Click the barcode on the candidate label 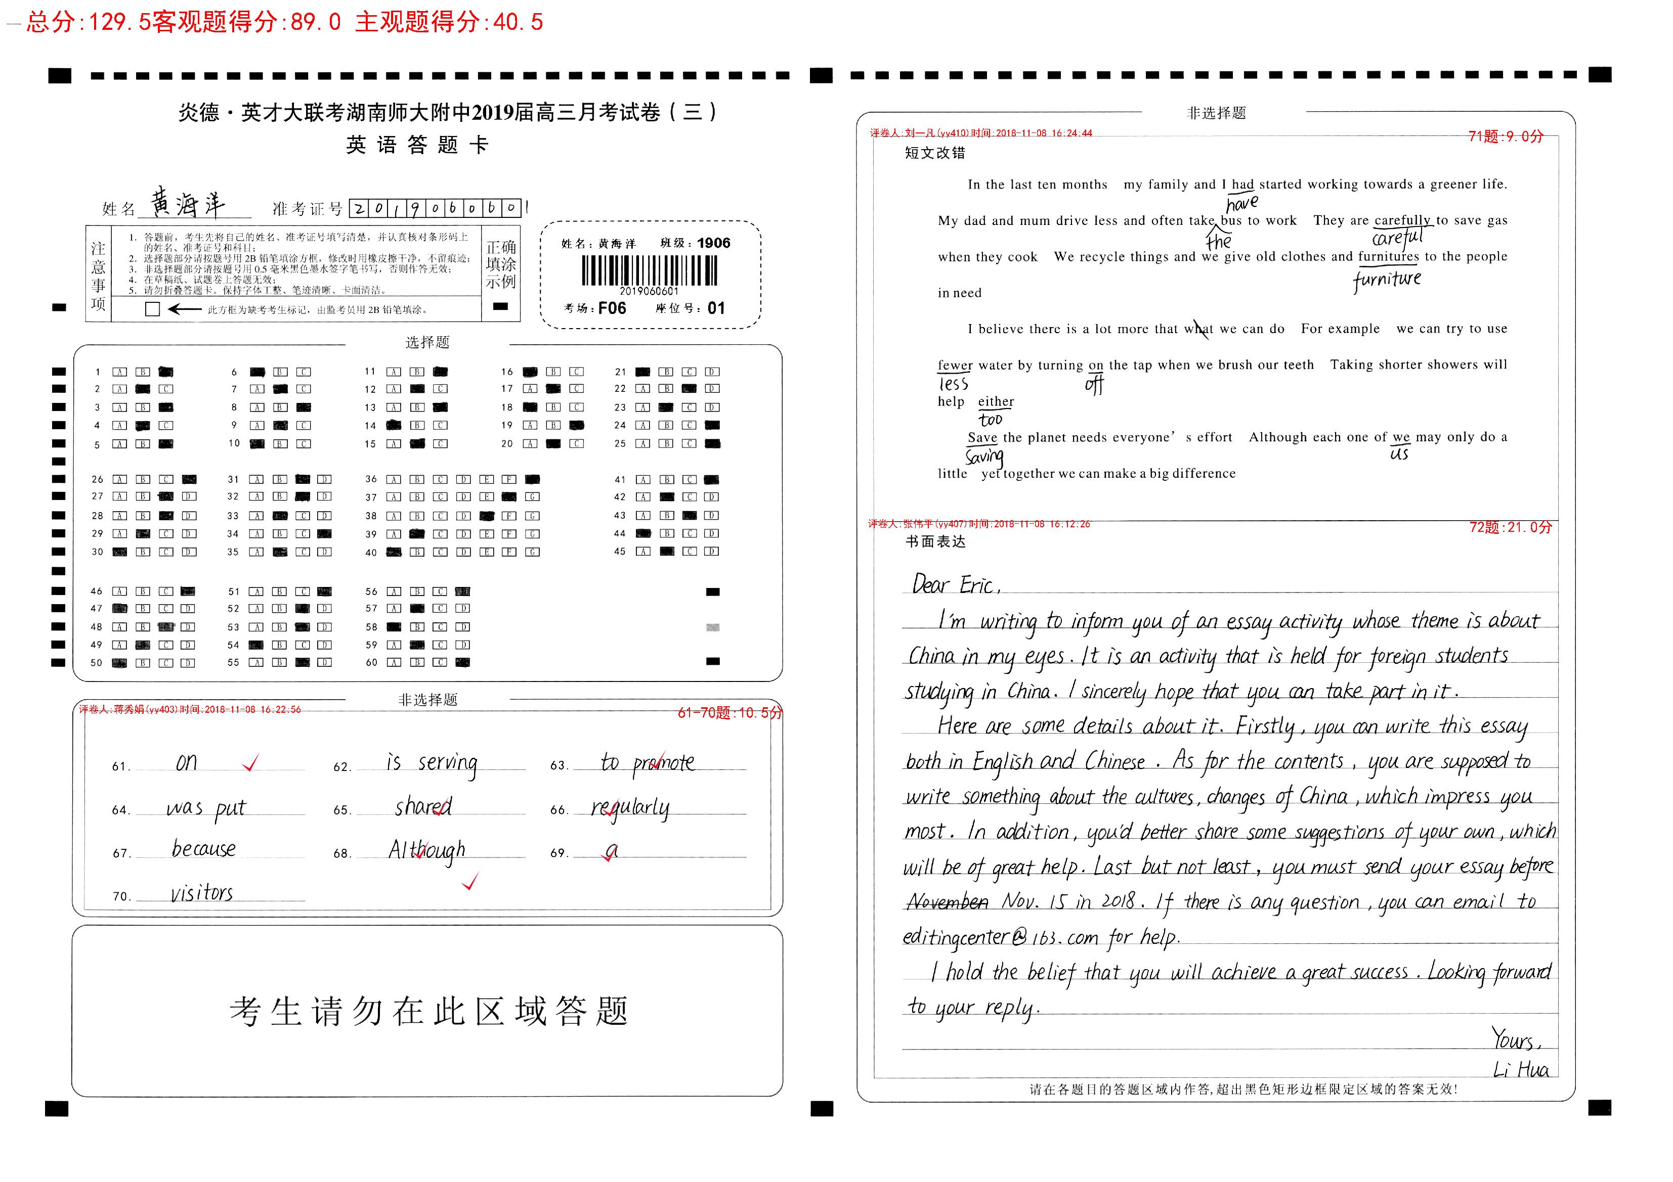649,271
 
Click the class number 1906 713,243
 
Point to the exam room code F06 612,308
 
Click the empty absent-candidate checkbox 152,309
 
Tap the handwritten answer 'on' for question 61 187,762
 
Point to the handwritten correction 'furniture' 1387,280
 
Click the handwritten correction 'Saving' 984,457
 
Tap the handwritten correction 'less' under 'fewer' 953,384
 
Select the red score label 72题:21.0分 1511,527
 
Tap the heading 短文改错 935,153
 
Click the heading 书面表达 935,542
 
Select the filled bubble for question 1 166,372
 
